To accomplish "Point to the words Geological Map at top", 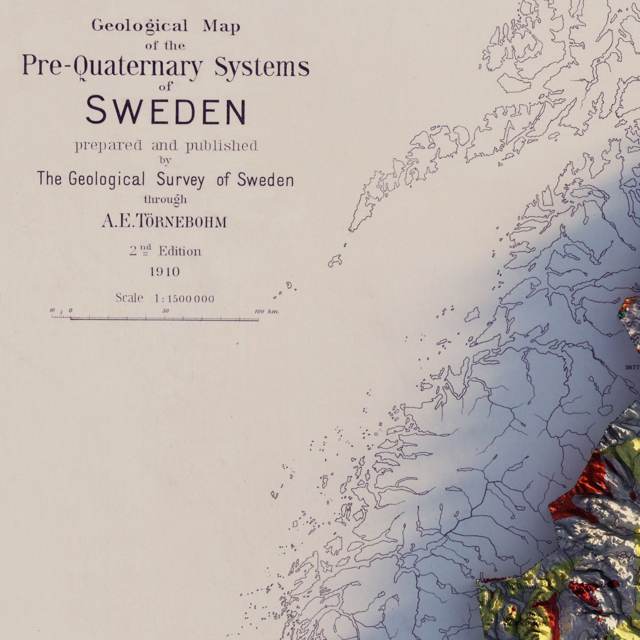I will point(166,26).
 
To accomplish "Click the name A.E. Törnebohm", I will point(164,222).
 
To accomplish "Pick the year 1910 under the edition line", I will point(164,272).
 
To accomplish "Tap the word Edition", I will point(180,252).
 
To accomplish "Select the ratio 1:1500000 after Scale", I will point(184,299).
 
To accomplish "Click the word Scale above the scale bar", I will point(129,298).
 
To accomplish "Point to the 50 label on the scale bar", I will point(166,311).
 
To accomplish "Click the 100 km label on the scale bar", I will point(266,311).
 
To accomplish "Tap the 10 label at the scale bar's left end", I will point(52,311).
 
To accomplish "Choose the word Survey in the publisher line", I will point(181,180).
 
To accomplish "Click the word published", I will point(221,146).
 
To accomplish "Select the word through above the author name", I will point(165,199).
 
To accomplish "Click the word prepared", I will point(108,146).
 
